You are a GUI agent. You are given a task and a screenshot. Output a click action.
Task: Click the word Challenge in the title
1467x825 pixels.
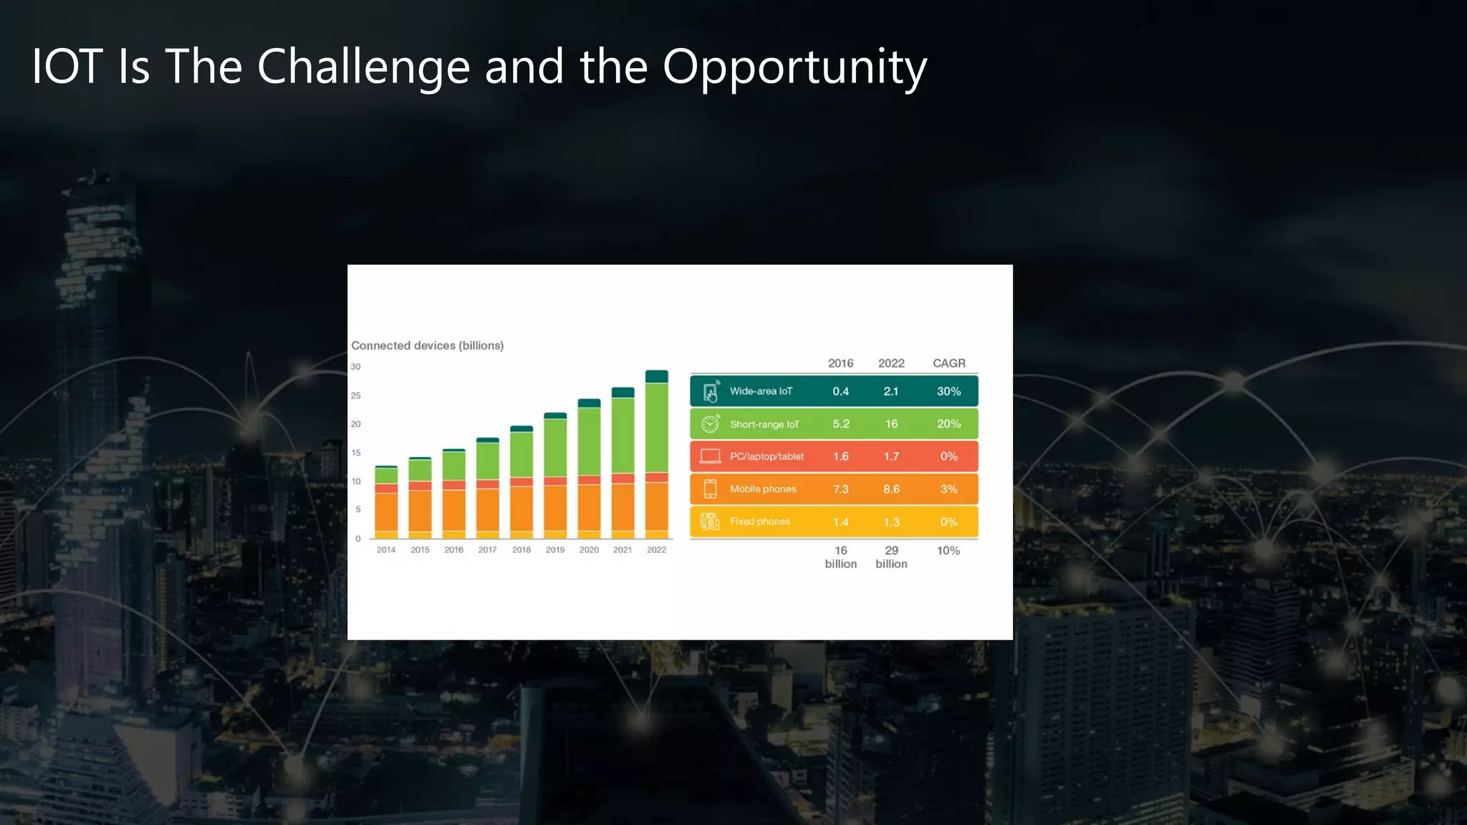[363, 67]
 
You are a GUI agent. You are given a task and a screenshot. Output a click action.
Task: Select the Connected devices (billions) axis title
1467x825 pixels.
[427, 345]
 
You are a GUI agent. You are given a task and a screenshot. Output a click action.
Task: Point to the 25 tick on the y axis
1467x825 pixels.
[356, 395]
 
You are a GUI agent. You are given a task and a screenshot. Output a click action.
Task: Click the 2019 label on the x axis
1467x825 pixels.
[555, 550]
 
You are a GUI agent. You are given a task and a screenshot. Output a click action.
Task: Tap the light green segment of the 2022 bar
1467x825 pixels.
[656, 428]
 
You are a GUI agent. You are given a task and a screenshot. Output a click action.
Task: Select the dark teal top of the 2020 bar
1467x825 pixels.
[589, 403]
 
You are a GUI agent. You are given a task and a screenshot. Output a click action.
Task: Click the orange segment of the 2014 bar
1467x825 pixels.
[386, 511]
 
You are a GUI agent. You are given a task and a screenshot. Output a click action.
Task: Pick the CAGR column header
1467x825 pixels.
[948, 363]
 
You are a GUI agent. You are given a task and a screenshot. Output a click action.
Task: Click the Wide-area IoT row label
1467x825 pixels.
[761, 391]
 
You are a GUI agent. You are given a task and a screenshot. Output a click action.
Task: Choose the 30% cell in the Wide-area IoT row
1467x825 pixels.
[948, 391]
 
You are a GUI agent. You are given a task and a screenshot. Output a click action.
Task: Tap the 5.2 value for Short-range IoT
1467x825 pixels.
[841, 424]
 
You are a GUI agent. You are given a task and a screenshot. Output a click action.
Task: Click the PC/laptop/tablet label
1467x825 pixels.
[766, 456]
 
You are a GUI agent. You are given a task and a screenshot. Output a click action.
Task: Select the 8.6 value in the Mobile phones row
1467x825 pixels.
[891, 489]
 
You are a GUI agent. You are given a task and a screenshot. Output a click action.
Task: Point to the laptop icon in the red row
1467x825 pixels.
[710, 456]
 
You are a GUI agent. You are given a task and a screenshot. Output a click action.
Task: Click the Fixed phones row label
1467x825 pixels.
[759, 521]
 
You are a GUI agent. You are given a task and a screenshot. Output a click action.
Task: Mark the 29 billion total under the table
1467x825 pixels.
[891, 557]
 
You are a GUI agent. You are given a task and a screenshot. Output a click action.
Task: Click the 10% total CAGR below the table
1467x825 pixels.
[948, 551]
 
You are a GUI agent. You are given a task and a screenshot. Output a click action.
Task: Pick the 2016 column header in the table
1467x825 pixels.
[840, 363]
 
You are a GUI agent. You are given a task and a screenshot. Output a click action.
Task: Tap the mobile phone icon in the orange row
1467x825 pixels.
[710, 489]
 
